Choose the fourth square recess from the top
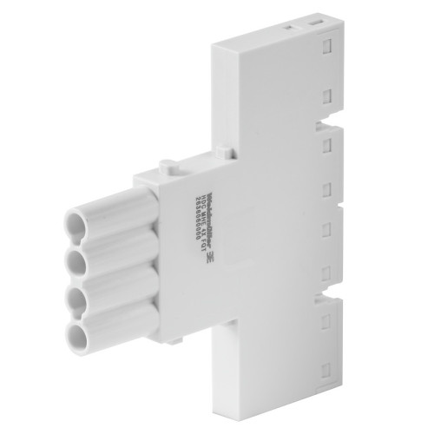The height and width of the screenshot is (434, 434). point(331,187)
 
